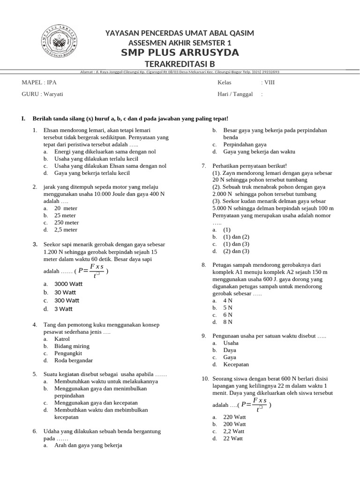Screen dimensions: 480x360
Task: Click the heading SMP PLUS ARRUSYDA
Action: [x=180, y=52]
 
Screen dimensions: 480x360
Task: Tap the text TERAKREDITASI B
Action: [x=180, y=64]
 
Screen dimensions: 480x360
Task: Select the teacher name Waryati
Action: [x=53, y=94]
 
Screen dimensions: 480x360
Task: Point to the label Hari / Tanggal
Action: [x=235, y=94]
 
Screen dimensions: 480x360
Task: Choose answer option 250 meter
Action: [x=66, y=223]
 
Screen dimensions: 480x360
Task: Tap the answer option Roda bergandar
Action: [x=74, y=360]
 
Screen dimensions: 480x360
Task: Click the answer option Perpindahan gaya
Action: [x=245, y=145]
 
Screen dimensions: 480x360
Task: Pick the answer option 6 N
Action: [x=228, y=315]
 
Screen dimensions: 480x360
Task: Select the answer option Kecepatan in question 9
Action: [x=236, y=364]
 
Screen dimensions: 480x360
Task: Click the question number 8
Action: [x=204, y=265]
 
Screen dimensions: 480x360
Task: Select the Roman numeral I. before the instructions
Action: [x=23, y=119]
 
